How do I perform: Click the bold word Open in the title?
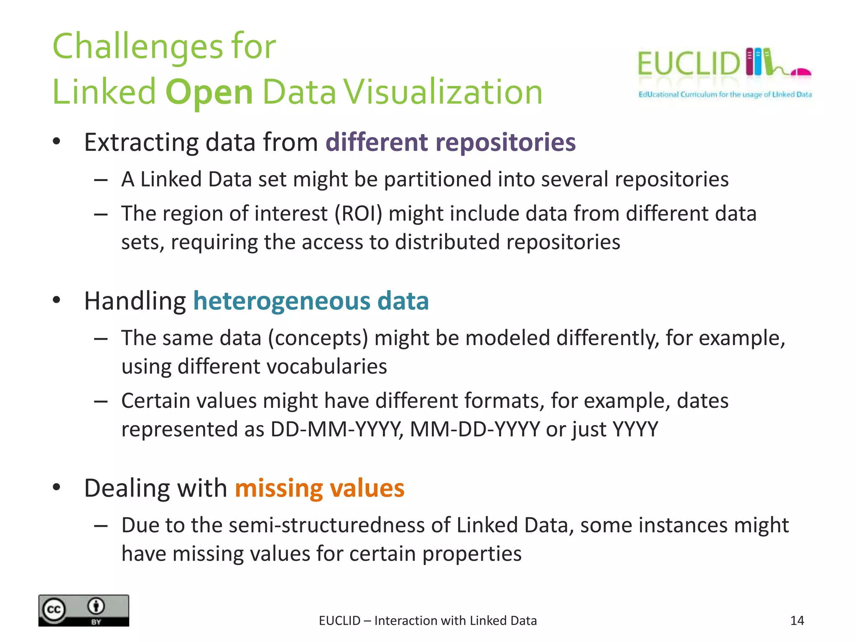pyautogui.click(x=209, y=93)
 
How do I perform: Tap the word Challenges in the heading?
pyautogui.click(x=138, y=47)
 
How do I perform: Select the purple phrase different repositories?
pyautogui.click(x=450, y=143)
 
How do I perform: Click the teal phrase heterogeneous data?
pyautogui.click(x=311, y=301)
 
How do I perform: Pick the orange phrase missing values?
pyautogui.click(x=319, y=488)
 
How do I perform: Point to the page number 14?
pyautogui.click(x=797, y=620)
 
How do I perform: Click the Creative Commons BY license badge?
pyautogui.click(x=84, y=610)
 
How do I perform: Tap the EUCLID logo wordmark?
pyautogui.click(x=688, y=64)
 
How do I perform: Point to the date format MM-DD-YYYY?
pyautogui.click(x=475, y=429)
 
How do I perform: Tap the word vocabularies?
pyautogui.click(x=324, y=367)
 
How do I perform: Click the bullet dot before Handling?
pyautogui.click(x=57, y=300)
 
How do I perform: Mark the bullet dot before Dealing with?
pyautogui.click(x=57, y=487)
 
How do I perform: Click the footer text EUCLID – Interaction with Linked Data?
pyautogui.click(x=428, y=621)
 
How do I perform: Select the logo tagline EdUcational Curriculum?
pyautogui.click(x=677, y=94)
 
